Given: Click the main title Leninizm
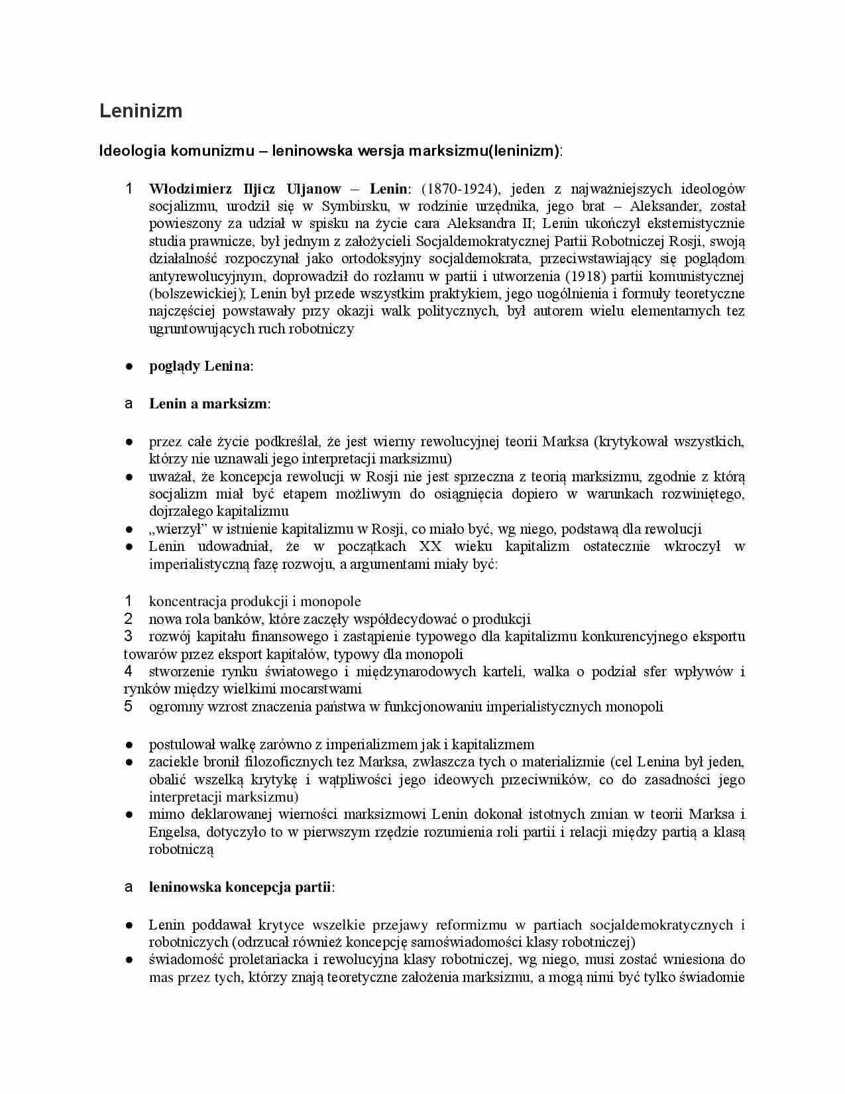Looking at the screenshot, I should click(x=141, y=111).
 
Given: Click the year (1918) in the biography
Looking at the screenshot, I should click(x=585, y=276).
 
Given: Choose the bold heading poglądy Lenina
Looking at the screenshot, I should click(x=200, y=366).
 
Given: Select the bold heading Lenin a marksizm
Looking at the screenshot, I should click(x=208, y=404).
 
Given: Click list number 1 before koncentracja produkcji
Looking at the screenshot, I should click(x=129, y=601).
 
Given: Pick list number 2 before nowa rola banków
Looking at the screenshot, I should click(x=129, y=619).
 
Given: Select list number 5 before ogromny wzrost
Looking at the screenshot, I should click(x=129, y=706).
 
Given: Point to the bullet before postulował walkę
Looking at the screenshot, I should click(x=129, y=745).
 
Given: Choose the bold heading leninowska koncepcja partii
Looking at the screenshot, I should click(x=240, y=887).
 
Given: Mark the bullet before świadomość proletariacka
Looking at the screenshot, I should click(x=129, y=959).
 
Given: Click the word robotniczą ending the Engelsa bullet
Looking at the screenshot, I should click(x=181, y=849).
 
